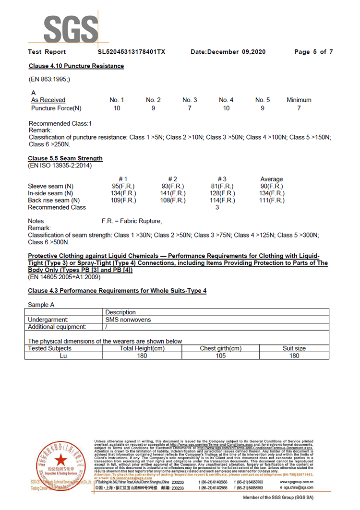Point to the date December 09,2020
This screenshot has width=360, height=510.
tap(228, 52)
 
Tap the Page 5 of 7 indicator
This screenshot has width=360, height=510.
tap(313, 52)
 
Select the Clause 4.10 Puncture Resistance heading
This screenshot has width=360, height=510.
tap(76, 66)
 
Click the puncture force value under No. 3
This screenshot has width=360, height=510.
tap(190, 108)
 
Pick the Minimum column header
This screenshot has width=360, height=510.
tap(299, 100)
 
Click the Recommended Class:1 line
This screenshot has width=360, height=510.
tap(60, 123)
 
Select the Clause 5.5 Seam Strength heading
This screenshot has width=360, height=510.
tap(65, 158)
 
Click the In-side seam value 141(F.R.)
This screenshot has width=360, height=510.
tap(173, 193)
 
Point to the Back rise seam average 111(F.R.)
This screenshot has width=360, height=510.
tap(272, 200)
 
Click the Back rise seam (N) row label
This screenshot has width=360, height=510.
tap(54, 200)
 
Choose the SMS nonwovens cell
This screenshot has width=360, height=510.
tap(128, 320)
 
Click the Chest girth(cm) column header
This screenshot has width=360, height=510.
tap(220, 348)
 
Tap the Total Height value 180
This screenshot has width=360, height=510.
tap(142, 356)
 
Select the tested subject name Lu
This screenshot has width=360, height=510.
tap(63, 356)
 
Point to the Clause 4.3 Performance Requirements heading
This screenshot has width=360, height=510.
tap(117, 291)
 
